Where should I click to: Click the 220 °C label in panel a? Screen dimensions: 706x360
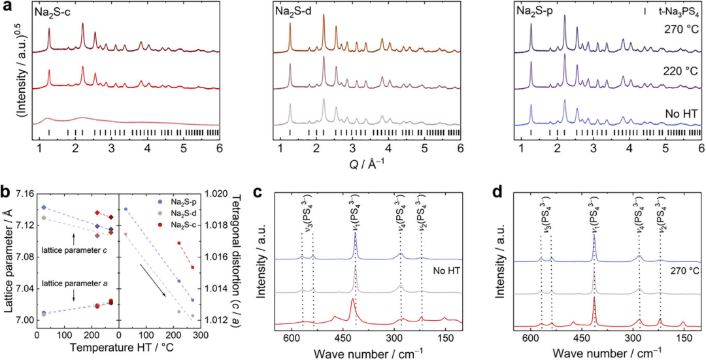coord(683,71)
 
